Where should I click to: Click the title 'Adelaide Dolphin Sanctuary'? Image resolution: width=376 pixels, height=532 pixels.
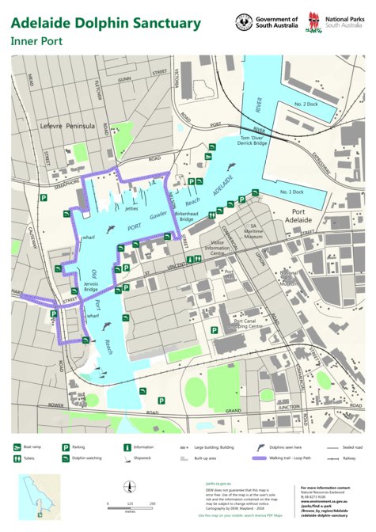pos(105,23)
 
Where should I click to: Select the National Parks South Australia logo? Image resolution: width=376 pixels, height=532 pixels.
pos(315,23)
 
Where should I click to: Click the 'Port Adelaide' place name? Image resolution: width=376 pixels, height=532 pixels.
pos(309,217)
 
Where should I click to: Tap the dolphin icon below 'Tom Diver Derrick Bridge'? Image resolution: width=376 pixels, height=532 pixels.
pos(230,165)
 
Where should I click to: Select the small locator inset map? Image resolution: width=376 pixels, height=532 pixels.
pos(40,497)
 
